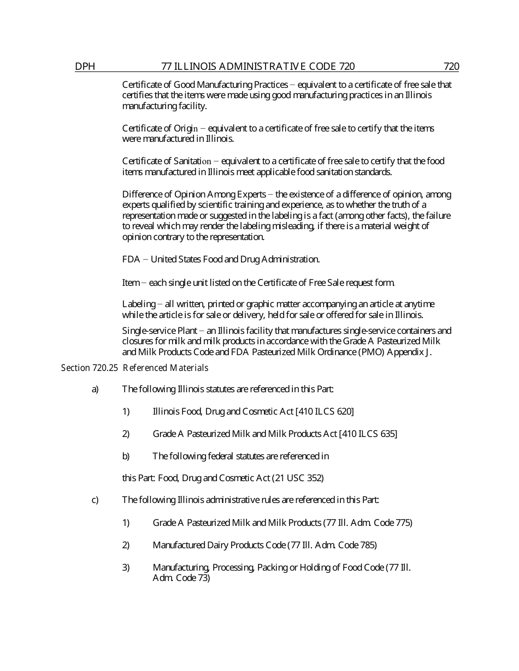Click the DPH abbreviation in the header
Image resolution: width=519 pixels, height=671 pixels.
[85, 67]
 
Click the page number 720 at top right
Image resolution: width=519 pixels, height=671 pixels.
[451, 67]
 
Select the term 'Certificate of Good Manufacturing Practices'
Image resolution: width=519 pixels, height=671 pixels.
[205, 85]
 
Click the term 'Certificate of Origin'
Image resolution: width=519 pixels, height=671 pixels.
[160, 128]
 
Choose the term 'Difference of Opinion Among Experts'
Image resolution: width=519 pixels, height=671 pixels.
[194, 194]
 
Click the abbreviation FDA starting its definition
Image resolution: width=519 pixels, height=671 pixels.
[131, 259]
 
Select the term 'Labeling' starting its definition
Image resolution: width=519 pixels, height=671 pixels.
[138, 304]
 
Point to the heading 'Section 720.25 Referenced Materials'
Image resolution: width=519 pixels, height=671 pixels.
[134, 368]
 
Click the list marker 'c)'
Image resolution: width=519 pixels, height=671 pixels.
[95, 500]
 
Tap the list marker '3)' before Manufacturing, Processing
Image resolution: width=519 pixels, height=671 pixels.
[126, 567]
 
